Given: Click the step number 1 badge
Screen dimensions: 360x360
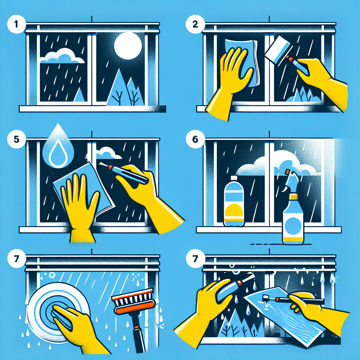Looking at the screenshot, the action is (16, 24).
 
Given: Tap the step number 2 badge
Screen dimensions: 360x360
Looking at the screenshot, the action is (195, 24).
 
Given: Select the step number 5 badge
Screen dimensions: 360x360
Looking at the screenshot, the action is (16, 139).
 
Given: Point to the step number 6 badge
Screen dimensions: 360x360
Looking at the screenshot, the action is (195, 139).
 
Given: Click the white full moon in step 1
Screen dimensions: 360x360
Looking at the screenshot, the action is (128, 46).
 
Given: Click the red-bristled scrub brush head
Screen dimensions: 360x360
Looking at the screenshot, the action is (133, 301).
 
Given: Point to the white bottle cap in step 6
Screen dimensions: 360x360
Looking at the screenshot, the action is (234, 178).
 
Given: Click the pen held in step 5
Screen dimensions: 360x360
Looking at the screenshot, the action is (124, 172).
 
